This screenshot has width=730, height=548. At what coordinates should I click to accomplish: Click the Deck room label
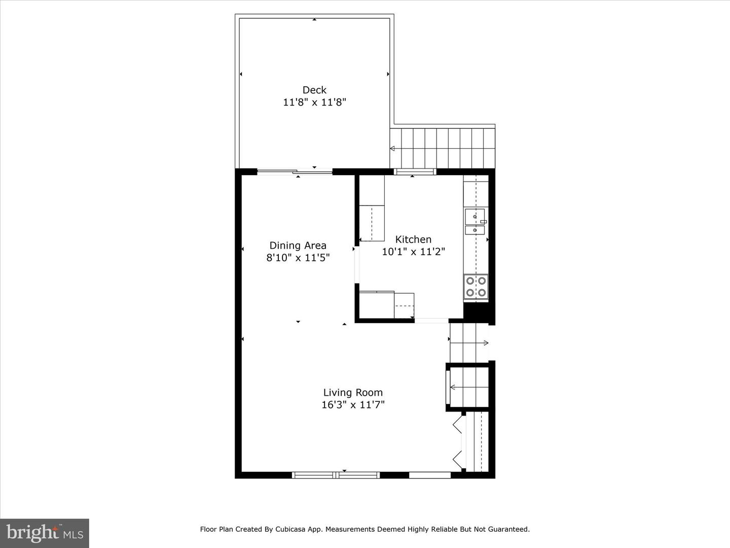[x=314, y=90]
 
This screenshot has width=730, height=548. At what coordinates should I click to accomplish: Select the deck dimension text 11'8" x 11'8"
[x=314, y=102]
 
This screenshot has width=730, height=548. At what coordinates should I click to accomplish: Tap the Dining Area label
[x=298, y=246]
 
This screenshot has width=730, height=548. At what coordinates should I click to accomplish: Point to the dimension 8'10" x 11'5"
[x=298, y=258]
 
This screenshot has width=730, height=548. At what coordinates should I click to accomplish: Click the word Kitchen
[x=413, y=239]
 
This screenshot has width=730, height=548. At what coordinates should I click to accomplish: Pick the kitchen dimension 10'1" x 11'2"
[x=413, y=252]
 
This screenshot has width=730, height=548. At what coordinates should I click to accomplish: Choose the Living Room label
[x=353, y=393]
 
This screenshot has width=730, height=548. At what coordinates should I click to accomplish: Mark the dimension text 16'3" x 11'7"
[x=353, y=404]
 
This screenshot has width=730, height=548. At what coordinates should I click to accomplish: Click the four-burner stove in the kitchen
[x=476, y=287]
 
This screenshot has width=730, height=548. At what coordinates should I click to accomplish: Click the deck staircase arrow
[x=443, y=148]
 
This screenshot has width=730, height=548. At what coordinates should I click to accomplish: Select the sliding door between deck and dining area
[x=295, y=172]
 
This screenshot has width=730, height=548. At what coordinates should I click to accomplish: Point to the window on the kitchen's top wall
[x=414, y=172]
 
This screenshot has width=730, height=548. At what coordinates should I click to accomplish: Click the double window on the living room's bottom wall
[x=336, y=475]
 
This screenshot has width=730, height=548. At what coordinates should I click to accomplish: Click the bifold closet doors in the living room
[x=458, y=442]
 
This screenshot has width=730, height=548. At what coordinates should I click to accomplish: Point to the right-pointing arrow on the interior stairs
[x=469, y=342]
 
